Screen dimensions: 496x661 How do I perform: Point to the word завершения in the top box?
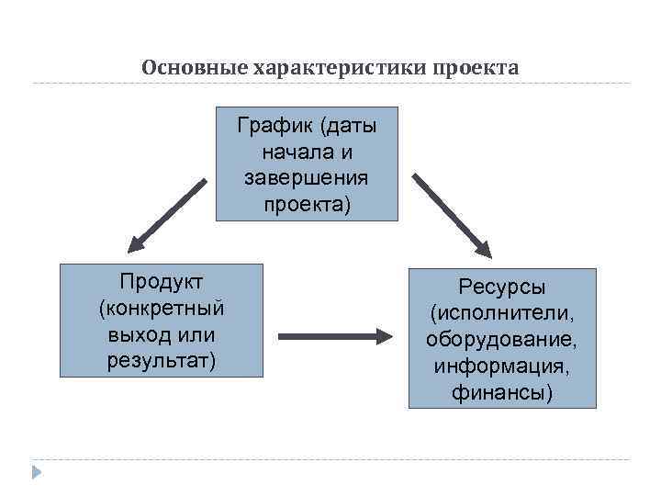click(x=307, y=175)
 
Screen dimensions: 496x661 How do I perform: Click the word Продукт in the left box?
click(x=162, y=279)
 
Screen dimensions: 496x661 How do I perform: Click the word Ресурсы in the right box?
click(x=502, y=287)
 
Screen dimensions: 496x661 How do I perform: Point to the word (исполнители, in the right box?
click(x=502, y=314)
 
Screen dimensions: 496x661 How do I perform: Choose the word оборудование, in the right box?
click(x=502, y=341)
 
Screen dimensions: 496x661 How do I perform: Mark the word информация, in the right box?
click(x=502, y=366)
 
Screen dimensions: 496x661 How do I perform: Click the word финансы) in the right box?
click(x=502, y=393)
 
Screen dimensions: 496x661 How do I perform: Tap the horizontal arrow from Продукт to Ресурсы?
click(x=335, y=337)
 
